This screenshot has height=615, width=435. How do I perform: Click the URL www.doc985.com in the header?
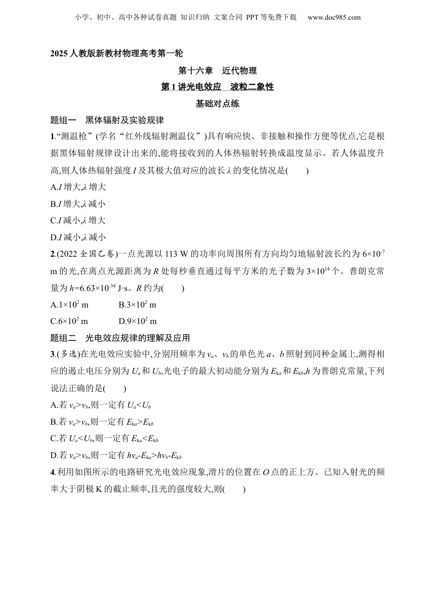[x=334, y=17]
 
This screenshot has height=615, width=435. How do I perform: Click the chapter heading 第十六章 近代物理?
[x=217, y=70]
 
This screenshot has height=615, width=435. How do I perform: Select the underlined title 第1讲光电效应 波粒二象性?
[x=217, y=87]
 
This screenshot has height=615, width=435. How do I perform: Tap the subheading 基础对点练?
[x=217, y=103]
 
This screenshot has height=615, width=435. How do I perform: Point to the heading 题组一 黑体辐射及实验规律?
[x=107, y=120]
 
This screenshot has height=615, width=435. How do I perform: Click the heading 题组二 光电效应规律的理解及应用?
[x=120, y=338]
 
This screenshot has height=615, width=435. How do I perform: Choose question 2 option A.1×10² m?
[x=70, y=305]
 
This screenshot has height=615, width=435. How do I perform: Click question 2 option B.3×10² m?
[x=137, y=305]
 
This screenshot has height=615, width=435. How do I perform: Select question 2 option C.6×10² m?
[x=70, y=321]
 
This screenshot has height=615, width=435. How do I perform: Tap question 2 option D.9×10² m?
[x=137, y=321]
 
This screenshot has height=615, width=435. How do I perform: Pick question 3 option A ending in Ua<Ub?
[x=101, y=405]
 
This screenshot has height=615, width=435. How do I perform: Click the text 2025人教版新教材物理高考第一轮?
[x=117, y=54]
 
